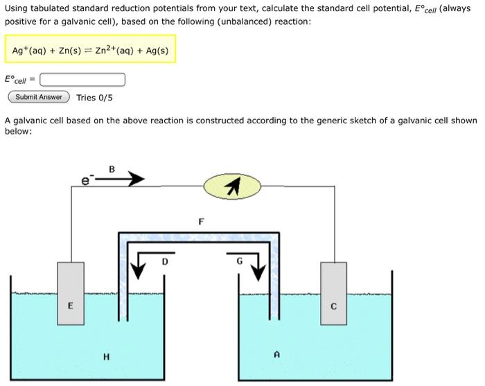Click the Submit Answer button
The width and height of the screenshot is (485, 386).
[x=39, y=97]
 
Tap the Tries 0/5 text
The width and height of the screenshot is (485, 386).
[x=94, y=98]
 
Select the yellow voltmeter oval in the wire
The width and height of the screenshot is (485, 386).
[x=233, y=185]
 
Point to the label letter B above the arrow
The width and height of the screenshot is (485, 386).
[x=112, y=168]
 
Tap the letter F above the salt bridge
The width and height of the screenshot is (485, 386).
[x=201, y=222]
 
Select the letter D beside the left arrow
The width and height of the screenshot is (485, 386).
[x=165, y=261]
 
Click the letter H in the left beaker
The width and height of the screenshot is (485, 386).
[x=106, y=357]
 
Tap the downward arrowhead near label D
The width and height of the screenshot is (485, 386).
[x=137, y=272]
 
